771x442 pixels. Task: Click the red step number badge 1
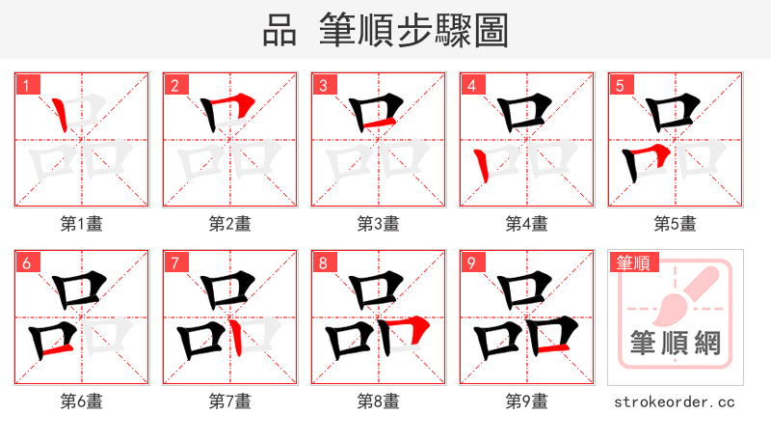tap(26, 85)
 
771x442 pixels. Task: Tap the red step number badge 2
tap(174, 85)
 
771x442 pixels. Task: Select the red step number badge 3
tap(323, 85)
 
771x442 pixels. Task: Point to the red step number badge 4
tap(471, 85)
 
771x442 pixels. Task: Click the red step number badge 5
tap(620, 85)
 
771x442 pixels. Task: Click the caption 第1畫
tap(82, 224)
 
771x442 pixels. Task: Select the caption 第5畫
tap(675, 224)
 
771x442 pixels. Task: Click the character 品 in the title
tap(279, 31)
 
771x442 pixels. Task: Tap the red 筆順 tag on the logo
tap(632, 262)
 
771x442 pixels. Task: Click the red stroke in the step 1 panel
tap(61, 115)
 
